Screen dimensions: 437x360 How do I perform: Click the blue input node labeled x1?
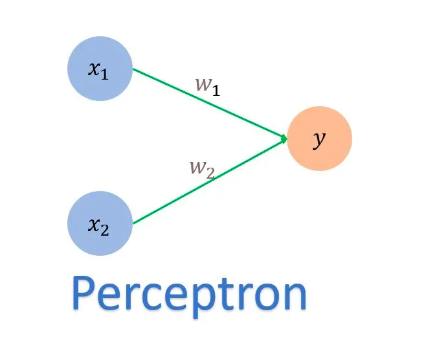tap(100, 69)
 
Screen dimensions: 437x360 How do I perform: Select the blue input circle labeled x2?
tap(100, 223)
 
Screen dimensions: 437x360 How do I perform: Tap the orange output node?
tap(319, 139)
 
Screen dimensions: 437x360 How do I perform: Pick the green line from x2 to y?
tap(207, 181)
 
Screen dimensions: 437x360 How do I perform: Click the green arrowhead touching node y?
tap(284, 137)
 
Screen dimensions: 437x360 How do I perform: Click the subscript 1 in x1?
tap(104, 74)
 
